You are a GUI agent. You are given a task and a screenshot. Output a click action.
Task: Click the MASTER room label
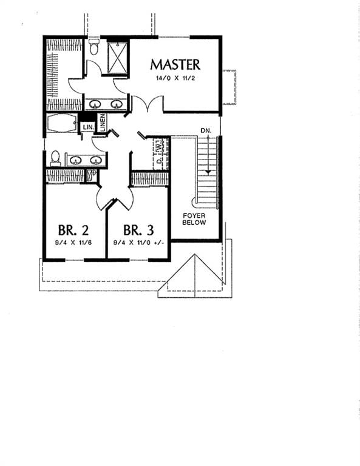pos(175,65)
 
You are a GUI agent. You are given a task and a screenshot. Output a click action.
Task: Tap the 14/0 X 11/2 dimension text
pos(175,78)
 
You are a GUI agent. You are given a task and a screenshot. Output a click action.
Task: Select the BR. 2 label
pos(73,230)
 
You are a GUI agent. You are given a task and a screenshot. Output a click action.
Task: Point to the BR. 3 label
pos(138,230)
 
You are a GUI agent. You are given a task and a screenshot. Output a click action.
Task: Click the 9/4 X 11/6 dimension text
pos(73,243)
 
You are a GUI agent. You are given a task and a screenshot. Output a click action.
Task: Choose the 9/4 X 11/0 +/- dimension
pos(139,243)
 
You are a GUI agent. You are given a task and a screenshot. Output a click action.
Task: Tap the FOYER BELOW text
pos(194,219)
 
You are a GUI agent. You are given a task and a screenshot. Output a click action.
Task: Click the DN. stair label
pos(206,130)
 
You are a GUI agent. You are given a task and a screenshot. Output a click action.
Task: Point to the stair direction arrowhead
pos(208,172)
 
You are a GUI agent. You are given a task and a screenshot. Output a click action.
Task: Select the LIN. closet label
pos(88,127)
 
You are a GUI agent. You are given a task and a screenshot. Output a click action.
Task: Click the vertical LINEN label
pos(103,123)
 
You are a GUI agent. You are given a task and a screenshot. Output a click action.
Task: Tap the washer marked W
pos(160,146)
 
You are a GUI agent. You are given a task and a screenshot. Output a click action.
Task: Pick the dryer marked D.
pos(159,161)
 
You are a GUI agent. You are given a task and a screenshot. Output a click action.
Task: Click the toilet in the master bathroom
pos(94,47)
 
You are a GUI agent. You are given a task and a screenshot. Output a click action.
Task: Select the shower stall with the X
pos(117,58)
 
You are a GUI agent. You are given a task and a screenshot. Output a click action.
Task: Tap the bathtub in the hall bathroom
pos(62,123)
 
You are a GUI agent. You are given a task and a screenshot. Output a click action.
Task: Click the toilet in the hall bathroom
pos(56,158)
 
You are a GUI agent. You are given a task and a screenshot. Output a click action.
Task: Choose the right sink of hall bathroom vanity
pos(96,161)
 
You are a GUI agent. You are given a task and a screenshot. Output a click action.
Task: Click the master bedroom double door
pos(148,103)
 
